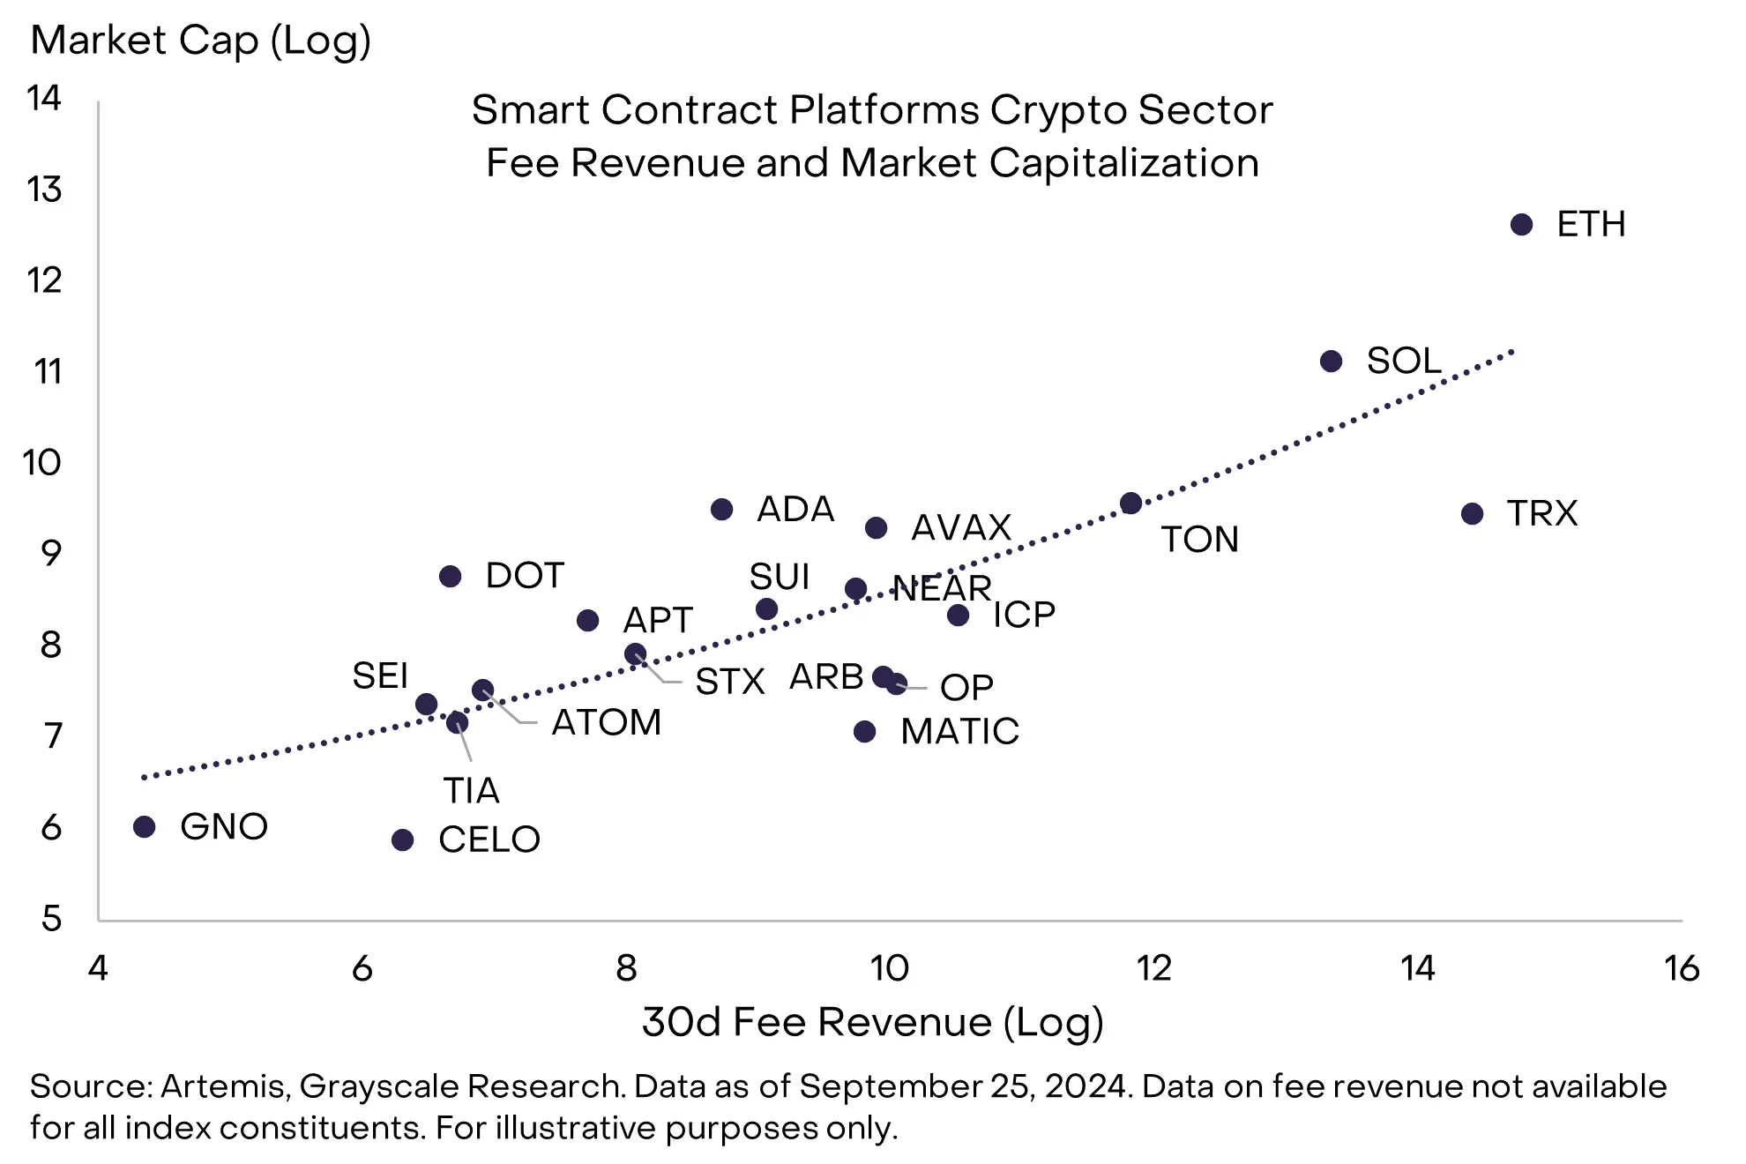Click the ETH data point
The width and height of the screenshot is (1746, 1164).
[x=1521, y=225]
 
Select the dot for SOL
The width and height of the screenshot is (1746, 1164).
[x=1331, y=361]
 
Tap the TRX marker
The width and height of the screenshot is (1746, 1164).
[x=1472, y=513]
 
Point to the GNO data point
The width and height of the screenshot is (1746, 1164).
[x=145, y=826]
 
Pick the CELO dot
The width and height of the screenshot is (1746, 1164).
[x=402, y=839]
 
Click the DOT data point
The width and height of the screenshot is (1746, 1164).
[x=450, y=576]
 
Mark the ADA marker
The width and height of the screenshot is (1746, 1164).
[x=721, y=509]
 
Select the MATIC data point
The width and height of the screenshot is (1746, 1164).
[x=864, y=731]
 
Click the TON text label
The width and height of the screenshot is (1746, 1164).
[x=1199, y=540]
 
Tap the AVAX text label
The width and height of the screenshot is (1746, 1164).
[x=960, y=528]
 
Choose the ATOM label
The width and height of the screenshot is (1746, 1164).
[x=606, y=723]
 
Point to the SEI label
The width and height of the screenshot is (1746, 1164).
[x=380, y=676]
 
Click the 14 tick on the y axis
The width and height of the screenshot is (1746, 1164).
[x=44, y=98]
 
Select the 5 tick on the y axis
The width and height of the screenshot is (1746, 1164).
[x=51, y=919]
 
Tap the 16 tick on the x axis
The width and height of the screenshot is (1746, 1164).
[x=1681, y=968]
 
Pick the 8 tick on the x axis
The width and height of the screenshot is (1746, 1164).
[x=626, y=968]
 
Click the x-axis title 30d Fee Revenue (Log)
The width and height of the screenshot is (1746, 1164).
[x=872, y=1022]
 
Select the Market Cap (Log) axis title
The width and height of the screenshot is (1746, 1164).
[x=200, y=41]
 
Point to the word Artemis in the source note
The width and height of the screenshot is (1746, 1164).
[x=224, y=1086]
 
